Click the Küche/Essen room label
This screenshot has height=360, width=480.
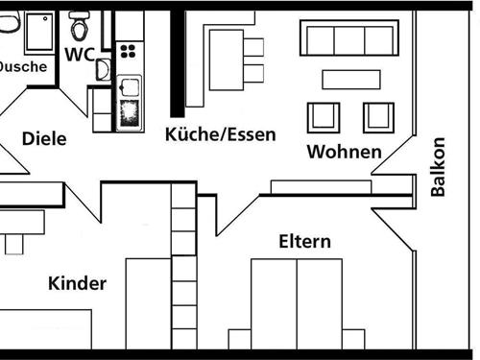220,133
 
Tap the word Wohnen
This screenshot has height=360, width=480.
344,152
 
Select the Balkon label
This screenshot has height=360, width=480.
439,167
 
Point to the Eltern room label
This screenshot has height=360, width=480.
304,241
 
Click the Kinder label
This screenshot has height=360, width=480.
77,283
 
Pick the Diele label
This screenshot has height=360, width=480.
43,139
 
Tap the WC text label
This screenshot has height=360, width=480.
80,54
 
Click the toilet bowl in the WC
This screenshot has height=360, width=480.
79,26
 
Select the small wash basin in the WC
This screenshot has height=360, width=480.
103,70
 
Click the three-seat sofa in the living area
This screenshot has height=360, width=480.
348,41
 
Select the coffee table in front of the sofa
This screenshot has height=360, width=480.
350,79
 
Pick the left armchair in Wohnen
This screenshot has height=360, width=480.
322,116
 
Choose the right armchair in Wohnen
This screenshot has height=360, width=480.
377,116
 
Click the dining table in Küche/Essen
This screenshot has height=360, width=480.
226,58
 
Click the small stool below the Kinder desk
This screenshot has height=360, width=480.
13,245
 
